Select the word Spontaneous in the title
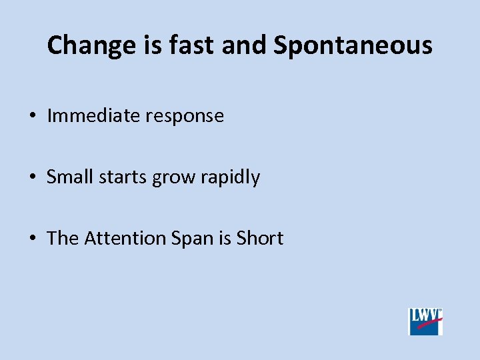pos(353,46)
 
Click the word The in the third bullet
pos(63,239)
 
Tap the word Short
pos(260,239)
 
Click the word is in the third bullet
pos(225,239)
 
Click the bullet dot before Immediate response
pos(32,117)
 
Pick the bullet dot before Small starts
pos(32,178)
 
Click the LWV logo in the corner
pos(425,321)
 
